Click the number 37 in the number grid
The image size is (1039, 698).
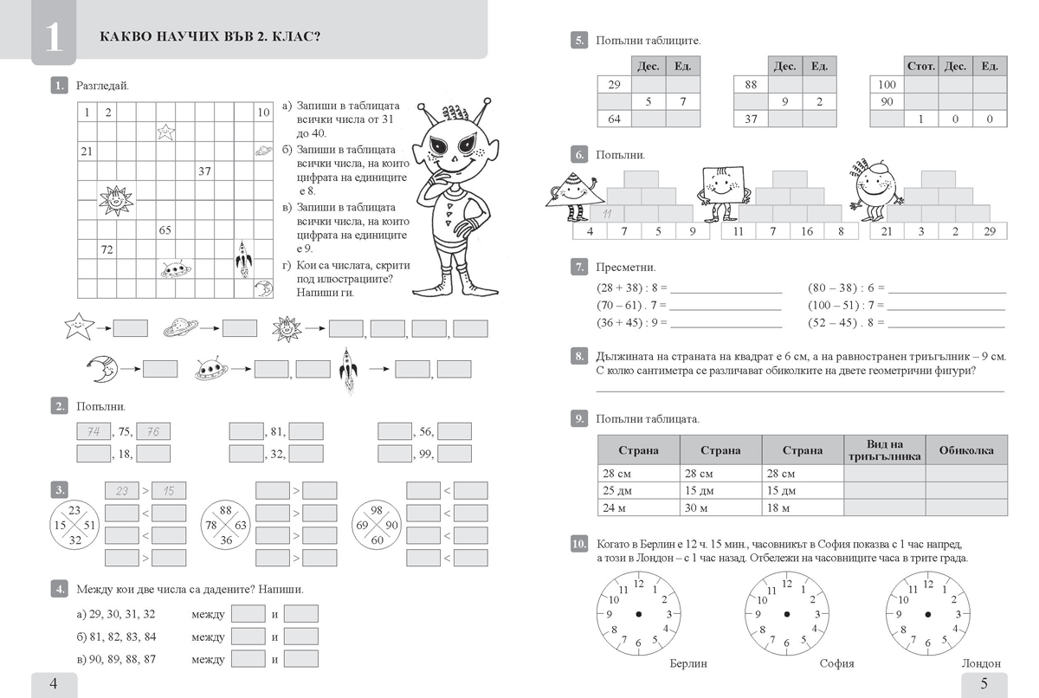[204, 171]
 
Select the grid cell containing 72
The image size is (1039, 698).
[107, 249]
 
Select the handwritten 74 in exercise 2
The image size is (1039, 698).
[94, 432]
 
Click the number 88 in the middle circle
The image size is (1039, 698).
[227, 510]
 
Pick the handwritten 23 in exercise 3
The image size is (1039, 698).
[121, 491]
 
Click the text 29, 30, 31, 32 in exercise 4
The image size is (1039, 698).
[116, 614]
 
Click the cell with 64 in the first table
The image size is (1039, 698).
[615, 119]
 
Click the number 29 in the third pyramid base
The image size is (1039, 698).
[990, 231]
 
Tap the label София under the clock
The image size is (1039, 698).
[836, 663]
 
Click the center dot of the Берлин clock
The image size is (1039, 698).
[638, 614]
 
